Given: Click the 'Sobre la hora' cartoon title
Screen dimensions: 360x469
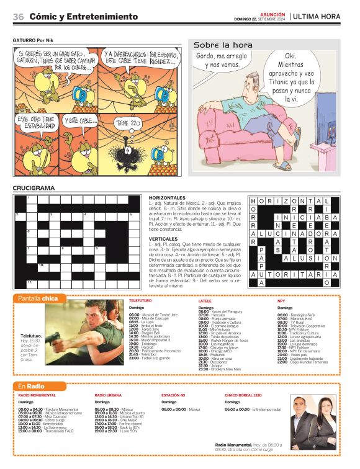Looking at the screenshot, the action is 223,45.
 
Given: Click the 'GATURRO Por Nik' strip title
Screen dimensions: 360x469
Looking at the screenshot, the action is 34,40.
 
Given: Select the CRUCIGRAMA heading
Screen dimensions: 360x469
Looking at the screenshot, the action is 34,188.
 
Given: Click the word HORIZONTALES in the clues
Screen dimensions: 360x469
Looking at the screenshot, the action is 168,197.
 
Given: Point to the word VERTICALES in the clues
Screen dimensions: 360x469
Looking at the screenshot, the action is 163,238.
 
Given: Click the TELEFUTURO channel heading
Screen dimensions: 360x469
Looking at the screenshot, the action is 140,300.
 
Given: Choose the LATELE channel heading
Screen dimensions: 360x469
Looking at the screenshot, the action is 205,300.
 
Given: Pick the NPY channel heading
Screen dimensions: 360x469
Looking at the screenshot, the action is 281,300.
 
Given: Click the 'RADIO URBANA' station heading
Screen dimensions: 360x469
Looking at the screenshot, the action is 108,395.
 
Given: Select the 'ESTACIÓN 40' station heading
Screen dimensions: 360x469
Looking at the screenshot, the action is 173,395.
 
